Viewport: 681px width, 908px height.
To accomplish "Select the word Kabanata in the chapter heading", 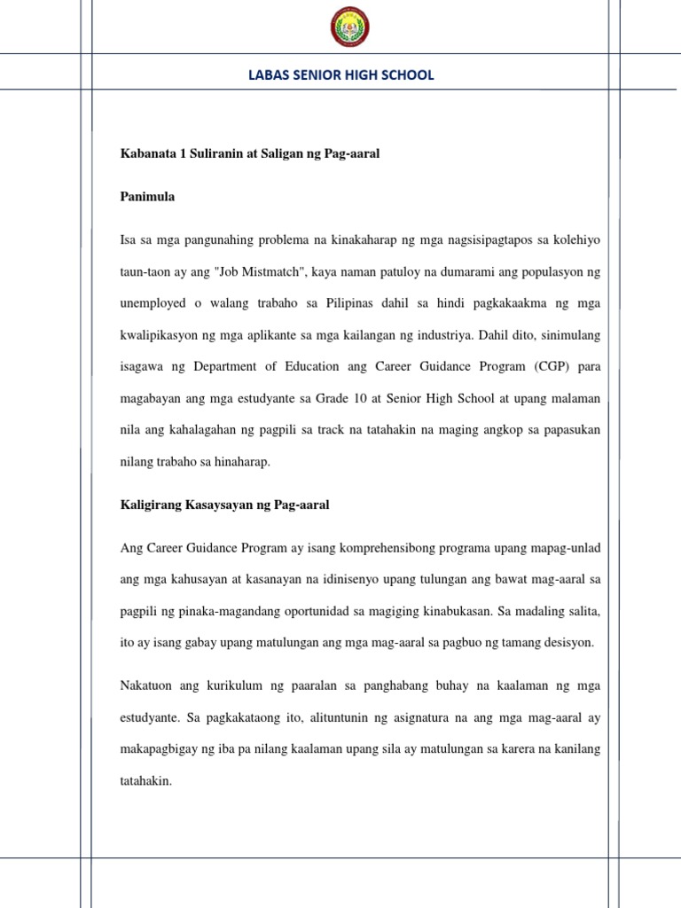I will [x=146, y=153].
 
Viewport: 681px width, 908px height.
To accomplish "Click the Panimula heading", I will [x=147, y=197].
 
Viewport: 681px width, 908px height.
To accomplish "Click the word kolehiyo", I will [x=575, y=239].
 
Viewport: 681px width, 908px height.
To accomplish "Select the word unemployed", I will [x=155, y=303].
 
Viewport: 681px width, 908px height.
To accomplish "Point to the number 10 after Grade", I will [x=375, y=398].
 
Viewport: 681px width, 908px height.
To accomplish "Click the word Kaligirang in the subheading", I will [x=152, y=505].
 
